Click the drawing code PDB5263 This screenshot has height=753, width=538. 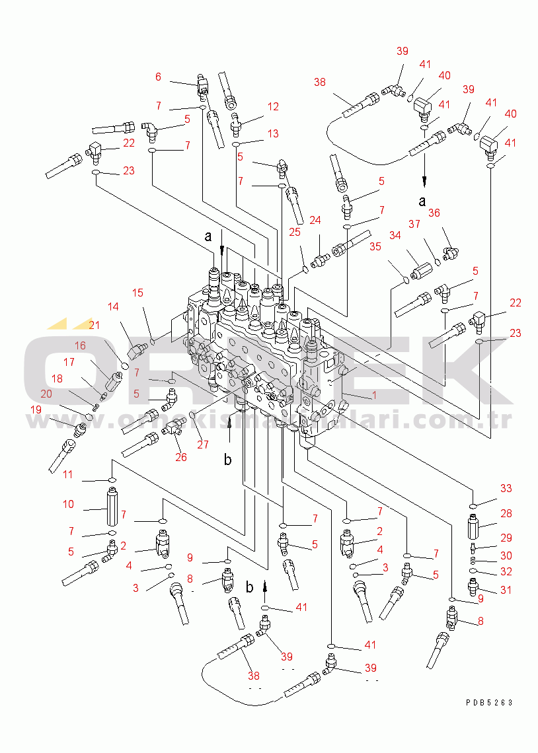pyautogui.click(x=488, y=703)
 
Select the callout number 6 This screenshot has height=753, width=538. pyautogui.click(x=158, y=77)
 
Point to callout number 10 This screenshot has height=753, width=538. pyautogui.click(x=68, y=505)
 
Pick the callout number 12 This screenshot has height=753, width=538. pyautogui.click(x=273, y=106)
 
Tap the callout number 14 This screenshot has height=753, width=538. pyautogui.click(x=114, y=306)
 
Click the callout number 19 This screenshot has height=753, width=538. pyautogui.click(x=36, y=410)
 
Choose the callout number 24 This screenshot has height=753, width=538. pyautogui.click(x=315, y=220)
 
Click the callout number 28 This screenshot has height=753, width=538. pyautogui.click(x=506, y=513)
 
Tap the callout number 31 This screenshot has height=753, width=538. pyautogui.click(x=506, y=591)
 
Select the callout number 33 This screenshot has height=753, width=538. pyautogui.click(x=506, y=489)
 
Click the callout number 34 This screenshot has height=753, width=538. pyautogui.click(x=395, y=235)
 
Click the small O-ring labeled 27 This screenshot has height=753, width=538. pyautogui.click(x=193, y=415)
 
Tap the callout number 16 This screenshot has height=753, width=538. pyautogui.click(x=80, y=345)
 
